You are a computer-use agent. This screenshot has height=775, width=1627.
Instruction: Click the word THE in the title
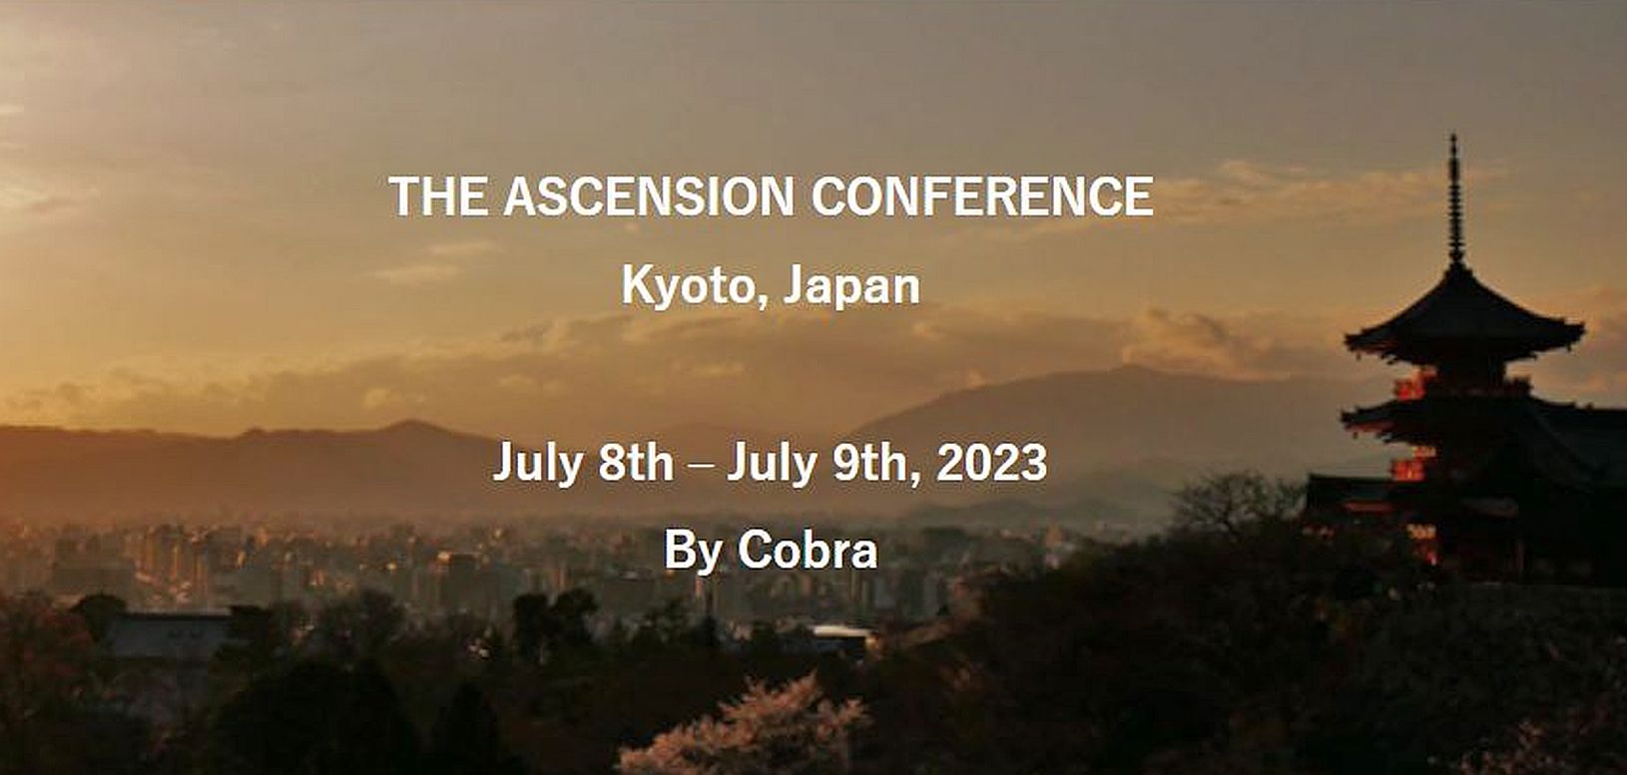pyautogui.click(x=438, y=195)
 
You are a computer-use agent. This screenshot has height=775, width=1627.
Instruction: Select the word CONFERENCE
pyautogui.click(x=982, y=195)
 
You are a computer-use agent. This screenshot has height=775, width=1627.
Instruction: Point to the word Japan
pyautogui.click(x=852, y=287)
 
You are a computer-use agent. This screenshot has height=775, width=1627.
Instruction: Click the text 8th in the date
pyautogui.click(x=636, y=462)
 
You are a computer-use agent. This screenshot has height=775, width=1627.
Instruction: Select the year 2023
pyautogui.click(x=991, y=462)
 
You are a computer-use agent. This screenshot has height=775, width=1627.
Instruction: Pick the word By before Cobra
pyautogui.click(x=693, y=552)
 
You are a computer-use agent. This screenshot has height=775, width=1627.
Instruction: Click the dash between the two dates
pyautogui.click(x=700, y=465)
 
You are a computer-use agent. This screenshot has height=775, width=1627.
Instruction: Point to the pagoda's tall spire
pyautogui.click(x=1455, y=199)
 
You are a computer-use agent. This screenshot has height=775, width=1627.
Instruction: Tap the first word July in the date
pyautogui.click(x=537, y=464)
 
